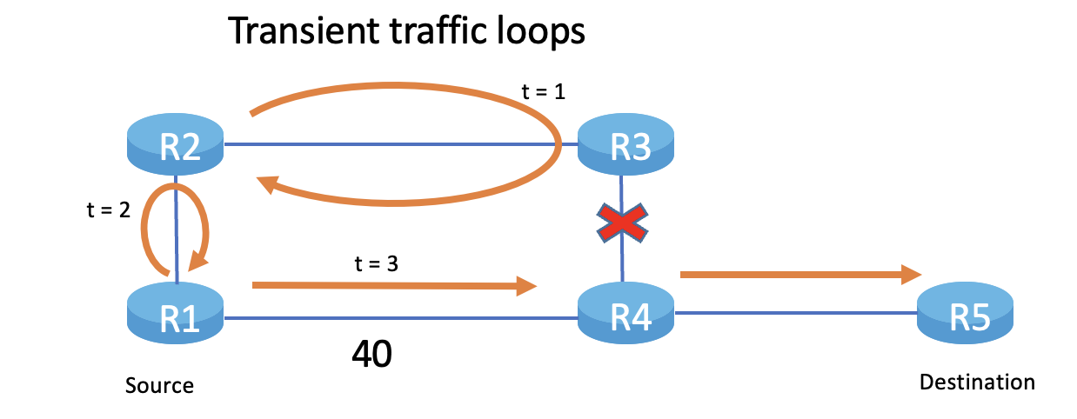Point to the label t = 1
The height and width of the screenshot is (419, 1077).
click(542, 91)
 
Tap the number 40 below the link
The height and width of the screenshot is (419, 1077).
click(371, 354)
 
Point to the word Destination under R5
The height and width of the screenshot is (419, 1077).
click(977, 382)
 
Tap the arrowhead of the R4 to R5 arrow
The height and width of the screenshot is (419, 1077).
click(913, 275)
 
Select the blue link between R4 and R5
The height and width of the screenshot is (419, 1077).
click(796, 312)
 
